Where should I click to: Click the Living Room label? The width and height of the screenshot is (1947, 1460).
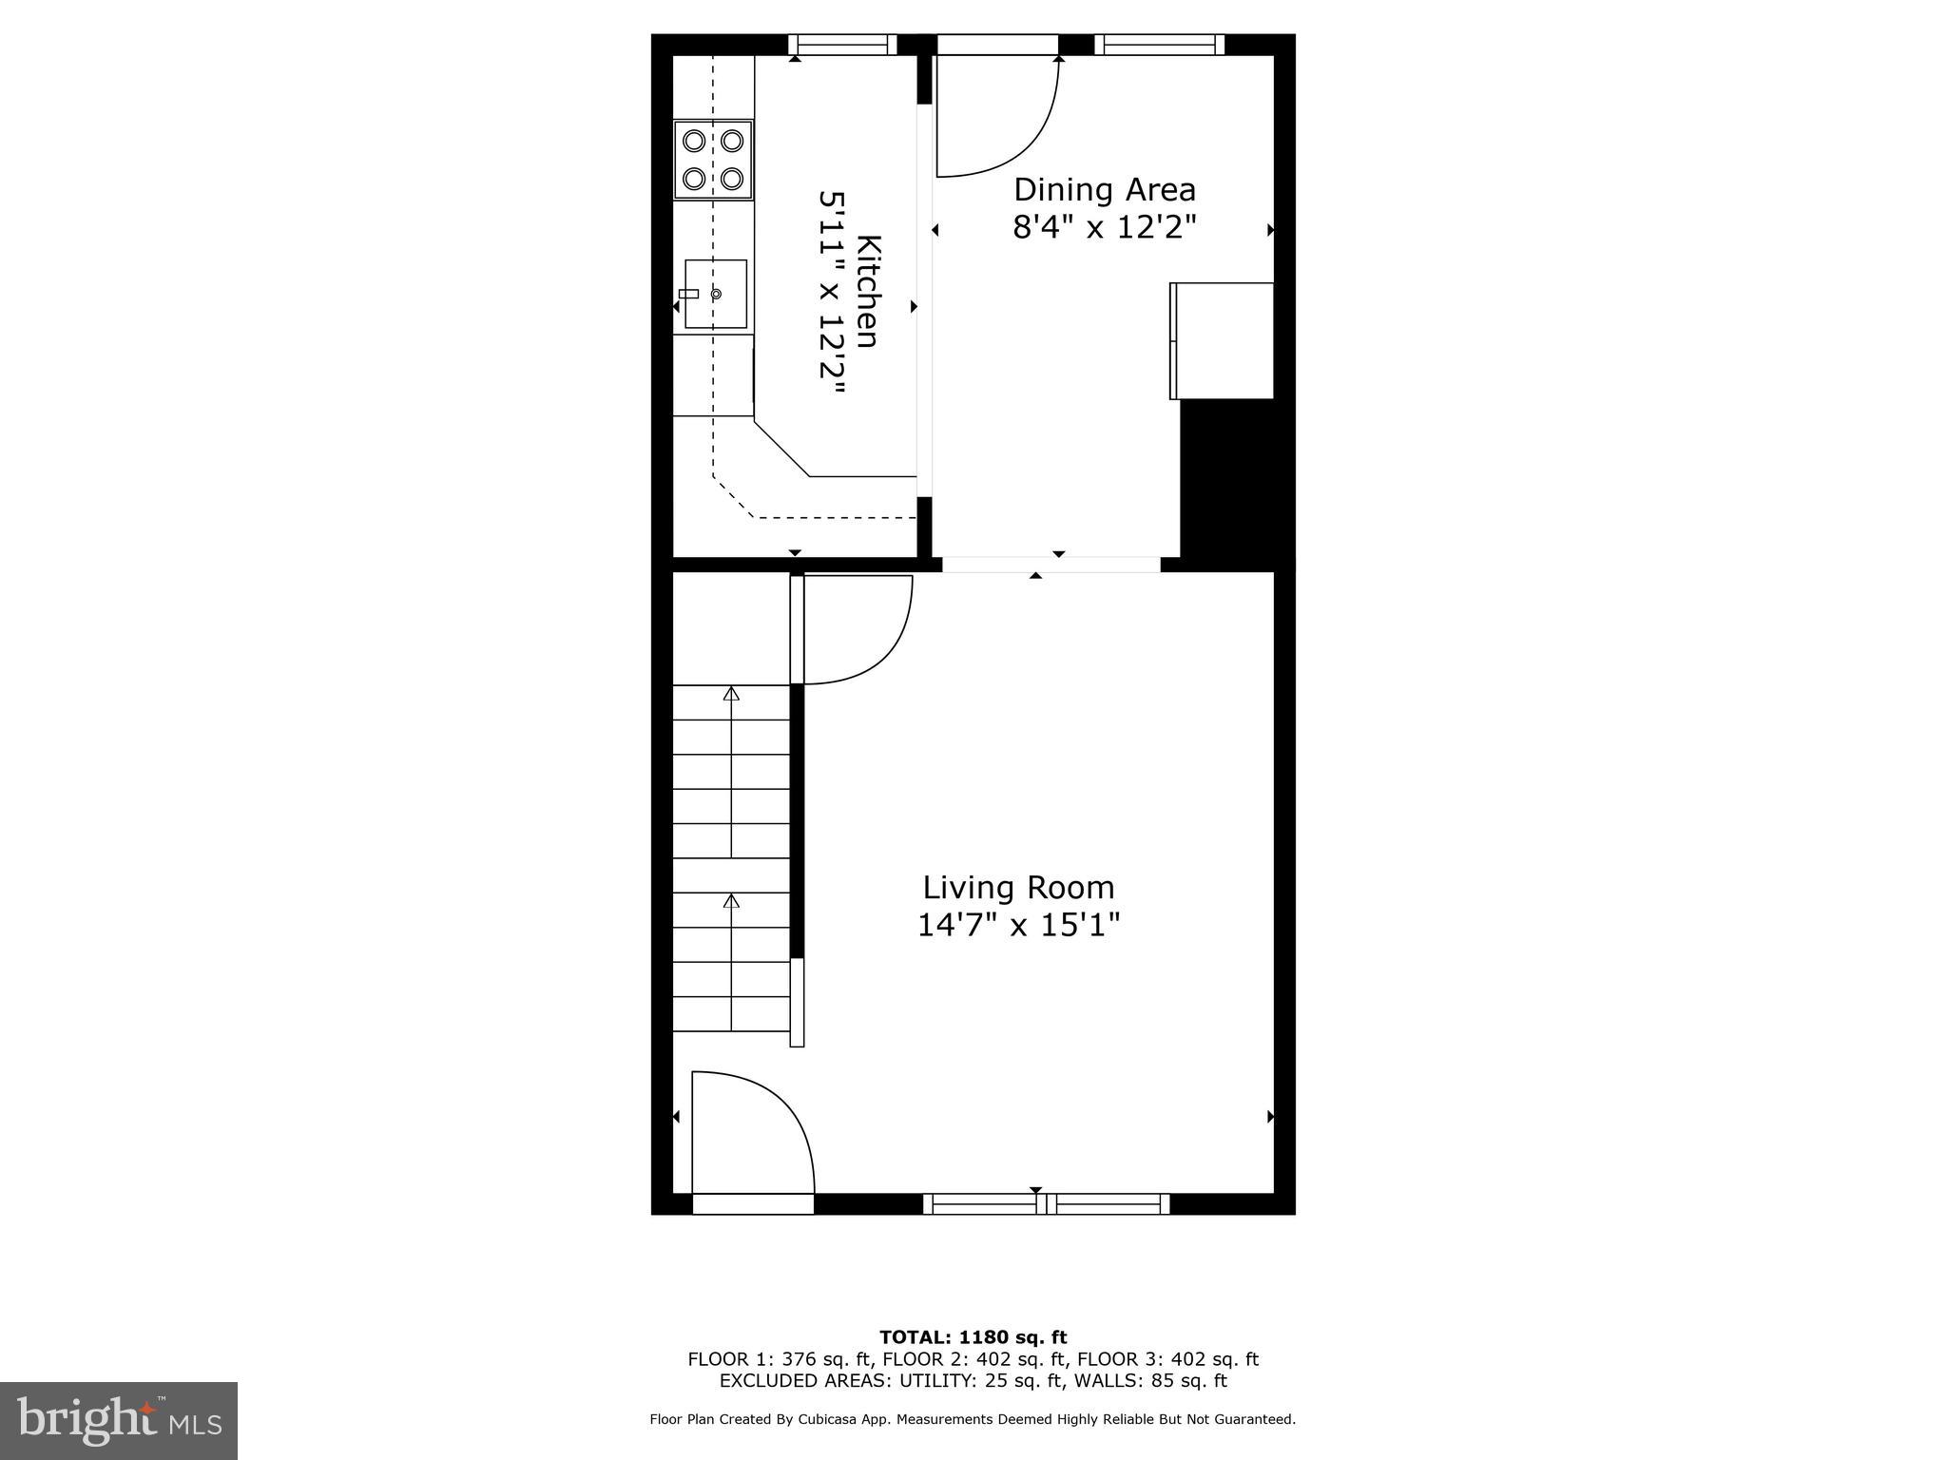[1018, 888]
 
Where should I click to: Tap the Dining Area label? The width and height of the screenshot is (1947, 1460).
[1104, 190]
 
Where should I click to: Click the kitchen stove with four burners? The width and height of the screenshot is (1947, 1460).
[713, 160]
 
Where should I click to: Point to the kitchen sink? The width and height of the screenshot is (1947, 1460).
[715, 295]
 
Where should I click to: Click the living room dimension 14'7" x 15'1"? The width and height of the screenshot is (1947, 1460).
[1018, 925]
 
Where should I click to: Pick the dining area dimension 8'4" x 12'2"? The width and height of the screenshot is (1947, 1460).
[1104, 228]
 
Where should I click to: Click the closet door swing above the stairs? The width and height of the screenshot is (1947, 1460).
[856, 629]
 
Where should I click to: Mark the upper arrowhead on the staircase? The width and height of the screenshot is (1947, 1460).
[731, 694]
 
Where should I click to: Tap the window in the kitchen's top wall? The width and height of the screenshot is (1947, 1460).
[842, 45]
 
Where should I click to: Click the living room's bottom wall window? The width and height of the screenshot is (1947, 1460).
[1047, 1204]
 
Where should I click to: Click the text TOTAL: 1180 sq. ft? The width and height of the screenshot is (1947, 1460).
[973, 1337]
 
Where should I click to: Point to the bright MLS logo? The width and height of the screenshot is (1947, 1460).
[119, 1421]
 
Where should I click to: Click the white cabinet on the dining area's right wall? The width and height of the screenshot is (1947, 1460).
[1222, 340]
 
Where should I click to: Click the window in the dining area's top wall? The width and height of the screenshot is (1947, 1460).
[1159, 45]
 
